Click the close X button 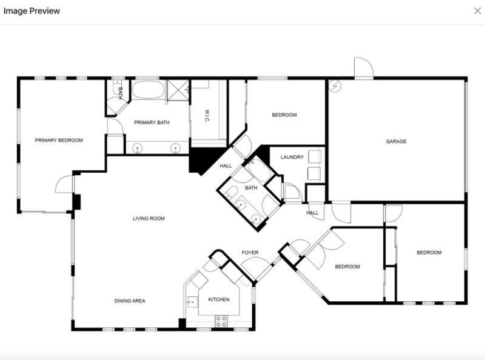(477, 11)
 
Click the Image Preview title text (32, 11)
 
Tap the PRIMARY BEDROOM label (59, 140)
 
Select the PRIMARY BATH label (152, 122)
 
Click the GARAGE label (396, 141)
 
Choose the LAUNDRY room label (292, 157)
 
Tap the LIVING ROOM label (149, 218)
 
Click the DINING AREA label (130, 301)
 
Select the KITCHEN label (218, 299)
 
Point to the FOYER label (250, 253)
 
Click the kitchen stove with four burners (221, 321)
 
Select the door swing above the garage (364, 68)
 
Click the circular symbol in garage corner (335, 86)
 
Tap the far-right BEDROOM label (429, 253)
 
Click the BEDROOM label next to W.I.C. (284, 115)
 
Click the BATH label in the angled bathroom (251, 188)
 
